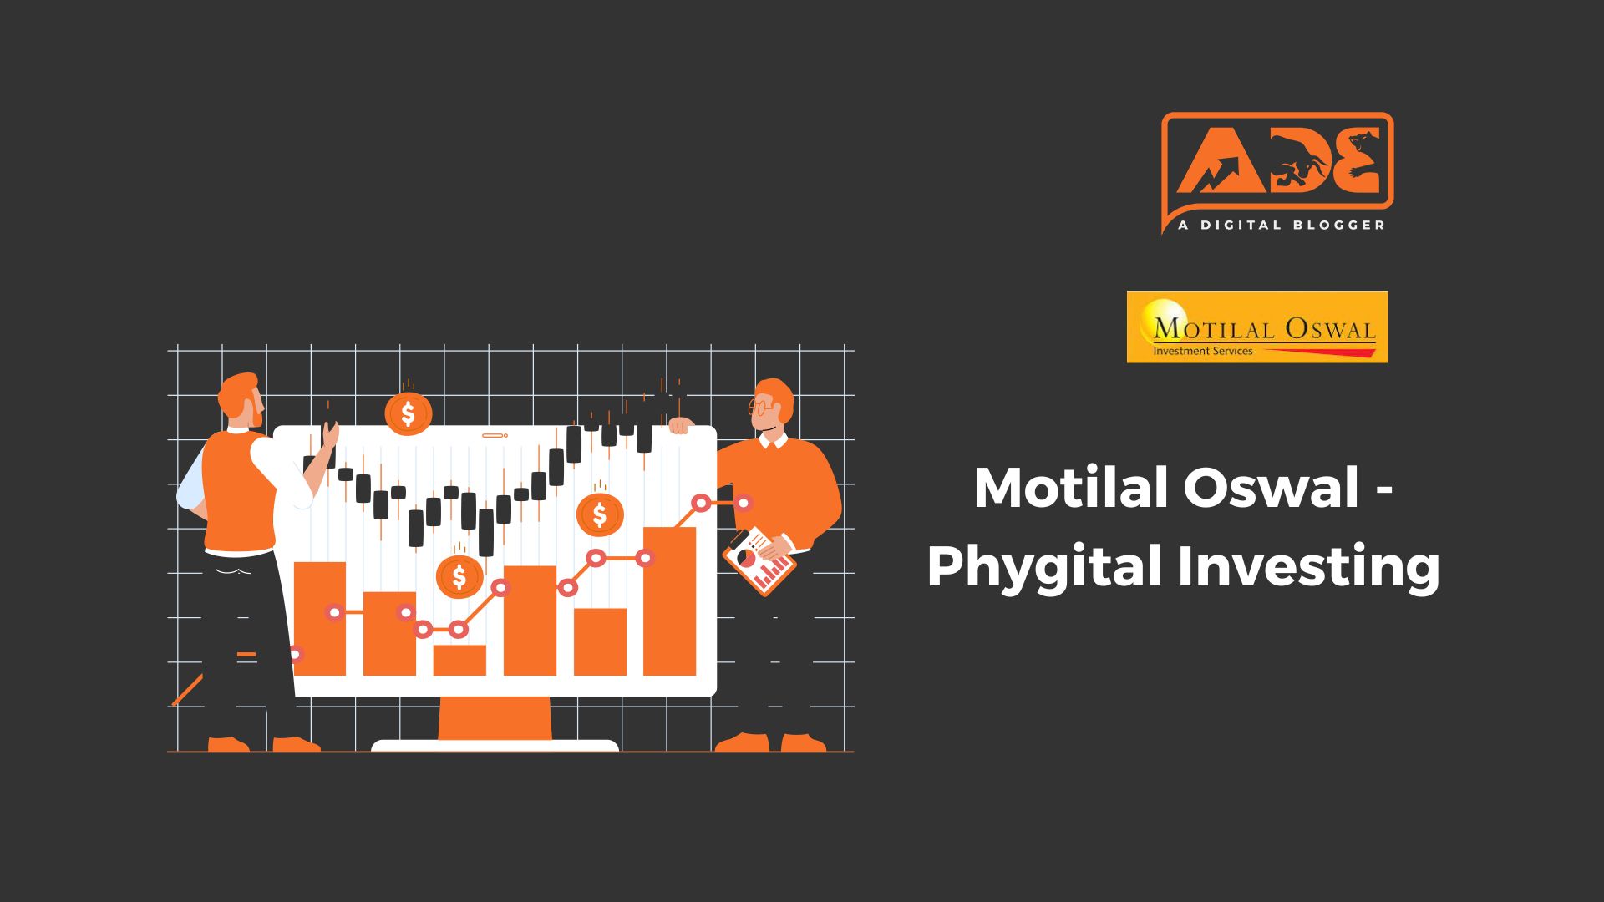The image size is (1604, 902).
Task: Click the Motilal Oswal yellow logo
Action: [1257, 327]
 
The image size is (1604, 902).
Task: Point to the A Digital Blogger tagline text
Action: [1281, 225]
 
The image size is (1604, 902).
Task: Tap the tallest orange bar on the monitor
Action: [669, 601]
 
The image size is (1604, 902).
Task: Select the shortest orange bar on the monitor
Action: [459, 660]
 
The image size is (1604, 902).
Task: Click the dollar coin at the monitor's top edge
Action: [408, 413]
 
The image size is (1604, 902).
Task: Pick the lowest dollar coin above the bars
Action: [459, 575]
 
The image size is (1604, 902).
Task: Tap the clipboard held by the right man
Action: [759, 560]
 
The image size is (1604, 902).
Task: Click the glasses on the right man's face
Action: [760, 408]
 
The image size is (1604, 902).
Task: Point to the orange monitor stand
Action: [495, 718]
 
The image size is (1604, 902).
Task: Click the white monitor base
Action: [495, 746]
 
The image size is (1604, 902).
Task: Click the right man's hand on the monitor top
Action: [681, 426]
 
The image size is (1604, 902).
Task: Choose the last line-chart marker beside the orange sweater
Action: [743, 503]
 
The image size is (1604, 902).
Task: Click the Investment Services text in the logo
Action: [1203, 352]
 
